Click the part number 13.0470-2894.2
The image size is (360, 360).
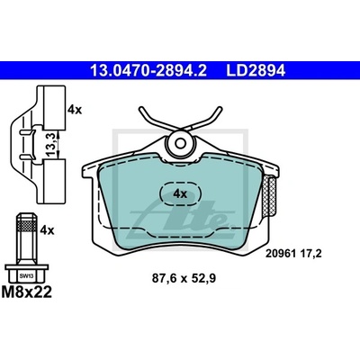point(148,71)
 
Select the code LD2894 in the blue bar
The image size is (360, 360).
point(256,71)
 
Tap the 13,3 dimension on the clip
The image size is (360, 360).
point(51,145)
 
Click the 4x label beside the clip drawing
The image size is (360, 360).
point(75,110)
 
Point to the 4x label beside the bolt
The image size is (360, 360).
point(47,230)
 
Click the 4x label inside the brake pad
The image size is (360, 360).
point(180,193)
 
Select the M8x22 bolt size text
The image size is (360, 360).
point(27,292)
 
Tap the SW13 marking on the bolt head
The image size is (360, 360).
point(27,276)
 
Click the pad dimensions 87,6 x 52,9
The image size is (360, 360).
point(184,279)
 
